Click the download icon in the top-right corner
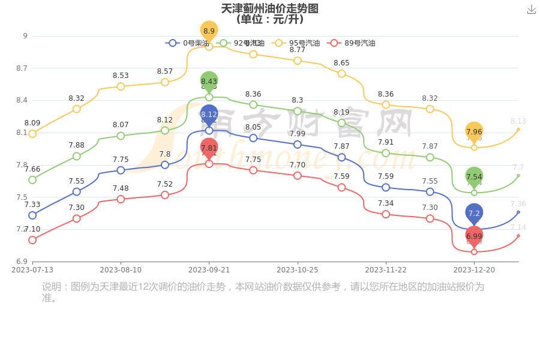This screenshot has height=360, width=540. [x=531, y=9]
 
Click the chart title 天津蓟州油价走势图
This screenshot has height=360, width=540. [x=269, y=8]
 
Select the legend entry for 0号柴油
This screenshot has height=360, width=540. [x=188, y=43]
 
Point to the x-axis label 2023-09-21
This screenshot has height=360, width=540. [x=209, y=270]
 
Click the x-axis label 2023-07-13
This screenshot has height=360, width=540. [x=32, y=270]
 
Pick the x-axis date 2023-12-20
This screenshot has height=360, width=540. [x=474, y=270]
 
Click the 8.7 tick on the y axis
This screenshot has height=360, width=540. [x=22, y=68]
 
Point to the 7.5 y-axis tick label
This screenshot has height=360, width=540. [x=22, y=197]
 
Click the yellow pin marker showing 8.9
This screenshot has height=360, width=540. [x=209, y=31]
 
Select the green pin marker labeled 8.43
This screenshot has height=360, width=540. [x=209, y=81]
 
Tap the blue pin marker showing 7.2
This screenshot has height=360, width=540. [x=474, y=213]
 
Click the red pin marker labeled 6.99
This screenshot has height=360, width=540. [x=474, y=236]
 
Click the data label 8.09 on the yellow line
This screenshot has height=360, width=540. [x=32, y=123]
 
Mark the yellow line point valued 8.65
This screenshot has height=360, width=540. [x=341, y=74]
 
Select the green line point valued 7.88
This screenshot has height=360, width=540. [x=77, y=156]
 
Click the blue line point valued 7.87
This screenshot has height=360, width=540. [x=341, y=157]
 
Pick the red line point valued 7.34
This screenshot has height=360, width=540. [x=386, y=214]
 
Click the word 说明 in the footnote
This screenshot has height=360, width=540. [x=52, y=287]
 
